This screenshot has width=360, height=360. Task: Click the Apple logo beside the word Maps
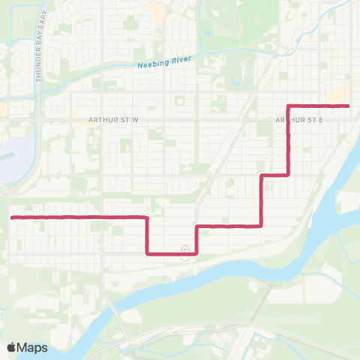[x=11, y=347]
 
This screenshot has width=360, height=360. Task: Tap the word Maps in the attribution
[x=33, y=347]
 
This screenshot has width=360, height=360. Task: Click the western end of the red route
[x=12, y=217]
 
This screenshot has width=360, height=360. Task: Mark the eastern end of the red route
[x=349, y=106]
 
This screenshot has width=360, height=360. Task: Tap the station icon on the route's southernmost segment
[x=184, y=253]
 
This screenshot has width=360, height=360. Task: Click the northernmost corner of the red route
[x=289, y=106]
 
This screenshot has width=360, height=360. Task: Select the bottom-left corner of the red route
[x=147, y=253]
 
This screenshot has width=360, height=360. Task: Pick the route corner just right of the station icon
[x=196, y=253]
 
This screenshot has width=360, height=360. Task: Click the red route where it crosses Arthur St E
[x=289, y=119]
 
